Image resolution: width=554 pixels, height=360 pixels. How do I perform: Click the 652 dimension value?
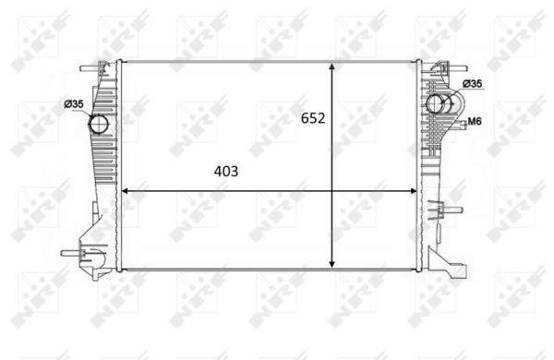tap(313, 118)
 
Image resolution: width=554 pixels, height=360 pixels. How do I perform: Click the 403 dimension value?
tap(226, 172)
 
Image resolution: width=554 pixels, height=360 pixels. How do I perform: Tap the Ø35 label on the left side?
tap(74, 104)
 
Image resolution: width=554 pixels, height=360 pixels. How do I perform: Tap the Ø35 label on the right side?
tap(472, 84)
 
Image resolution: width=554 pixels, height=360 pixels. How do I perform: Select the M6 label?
tap(475, 122)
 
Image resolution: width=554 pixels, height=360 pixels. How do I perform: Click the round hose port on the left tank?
tap(99, 124)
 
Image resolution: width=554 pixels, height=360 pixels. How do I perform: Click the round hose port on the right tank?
tap(436, 103)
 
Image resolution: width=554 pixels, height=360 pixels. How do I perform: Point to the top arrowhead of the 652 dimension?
tap(331, 67)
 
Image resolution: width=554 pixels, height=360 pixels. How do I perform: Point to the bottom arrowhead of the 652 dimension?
tap(331, 263)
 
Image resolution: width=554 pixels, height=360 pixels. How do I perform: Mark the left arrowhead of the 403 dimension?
tap(126, 191)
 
